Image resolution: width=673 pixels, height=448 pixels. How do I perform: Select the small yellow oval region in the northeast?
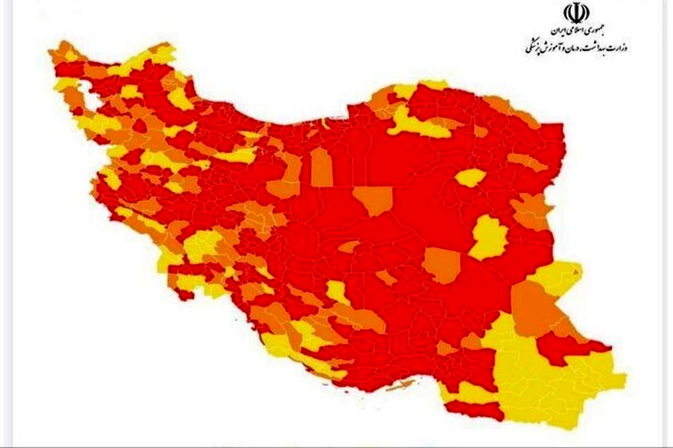point(470,178)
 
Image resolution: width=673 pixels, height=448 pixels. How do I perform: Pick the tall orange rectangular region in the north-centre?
point(322,166)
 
